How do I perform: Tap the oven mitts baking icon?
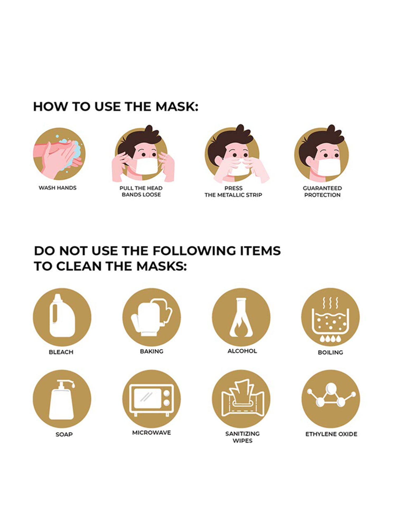(152, 317)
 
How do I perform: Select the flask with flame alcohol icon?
(241, 317)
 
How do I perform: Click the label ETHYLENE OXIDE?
(331, 434)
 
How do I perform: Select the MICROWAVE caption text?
(152, 433)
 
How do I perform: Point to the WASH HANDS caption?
(58, 188)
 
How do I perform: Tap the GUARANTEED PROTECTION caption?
(322, 191)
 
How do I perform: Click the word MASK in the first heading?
(175, 107)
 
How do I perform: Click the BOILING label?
(330, 352)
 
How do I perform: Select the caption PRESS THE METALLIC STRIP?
(233, 191)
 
